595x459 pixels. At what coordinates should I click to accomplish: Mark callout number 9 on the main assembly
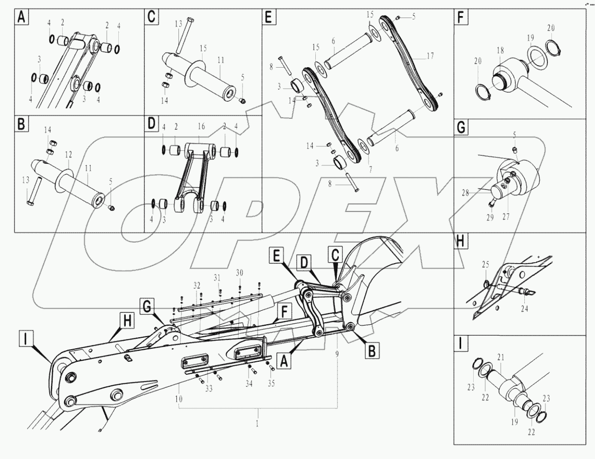click(x=337, y=353)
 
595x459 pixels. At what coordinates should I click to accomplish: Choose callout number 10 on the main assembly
click(x=178, y=398)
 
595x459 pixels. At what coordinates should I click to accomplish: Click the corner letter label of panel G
click(x=461, y=128)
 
